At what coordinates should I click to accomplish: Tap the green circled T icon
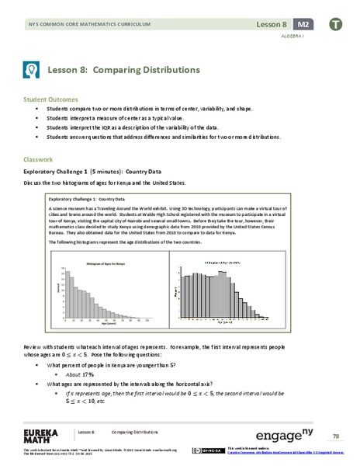coord(334,26)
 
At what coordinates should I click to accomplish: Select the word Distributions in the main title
coord(170,69)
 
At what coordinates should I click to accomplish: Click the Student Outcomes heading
coord(51,99)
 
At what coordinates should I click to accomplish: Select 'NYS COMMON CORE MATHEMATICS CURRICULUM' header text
coord(88,26)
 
